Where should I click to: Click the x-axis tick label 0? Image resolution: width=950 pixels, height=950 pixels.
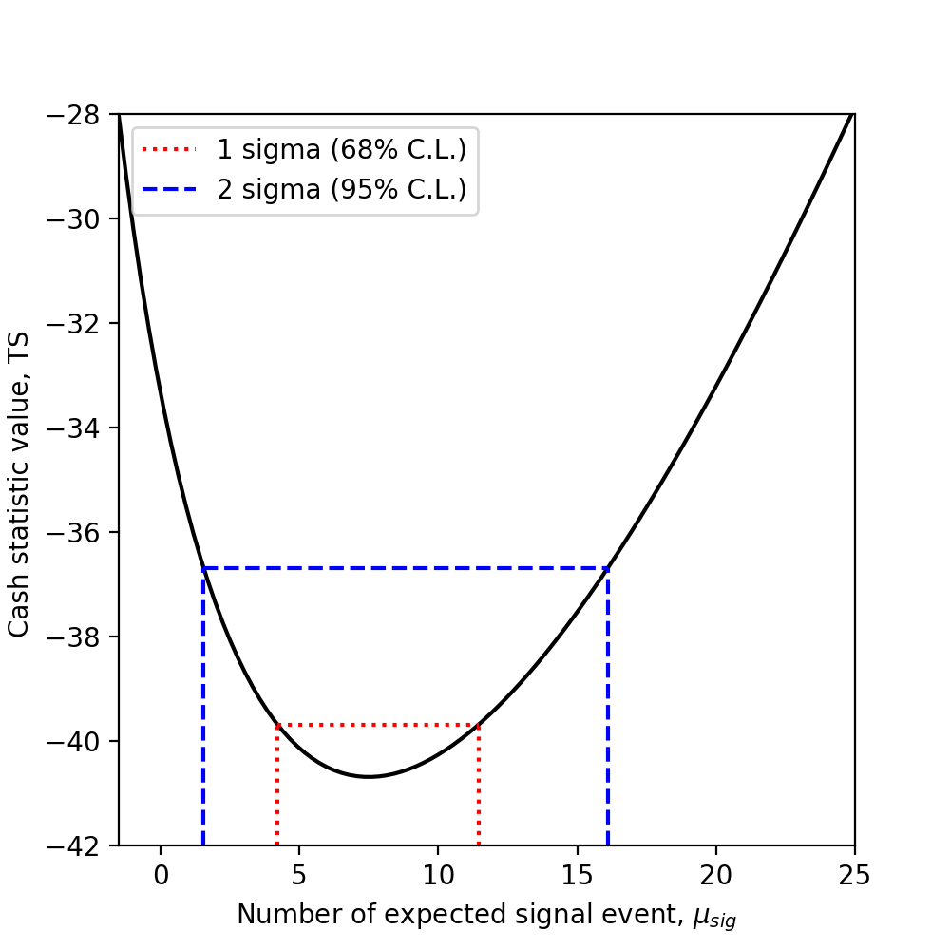pos(161,871)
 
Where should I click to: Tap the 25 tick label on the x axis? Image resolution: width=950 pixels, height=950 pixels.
pos(854,871)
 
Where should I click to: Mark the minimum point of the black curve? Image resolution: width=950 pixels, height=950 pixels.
pos(369,777)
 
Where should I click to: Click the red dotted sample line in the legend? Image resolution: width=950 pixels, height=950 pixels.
pos(168,149)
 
